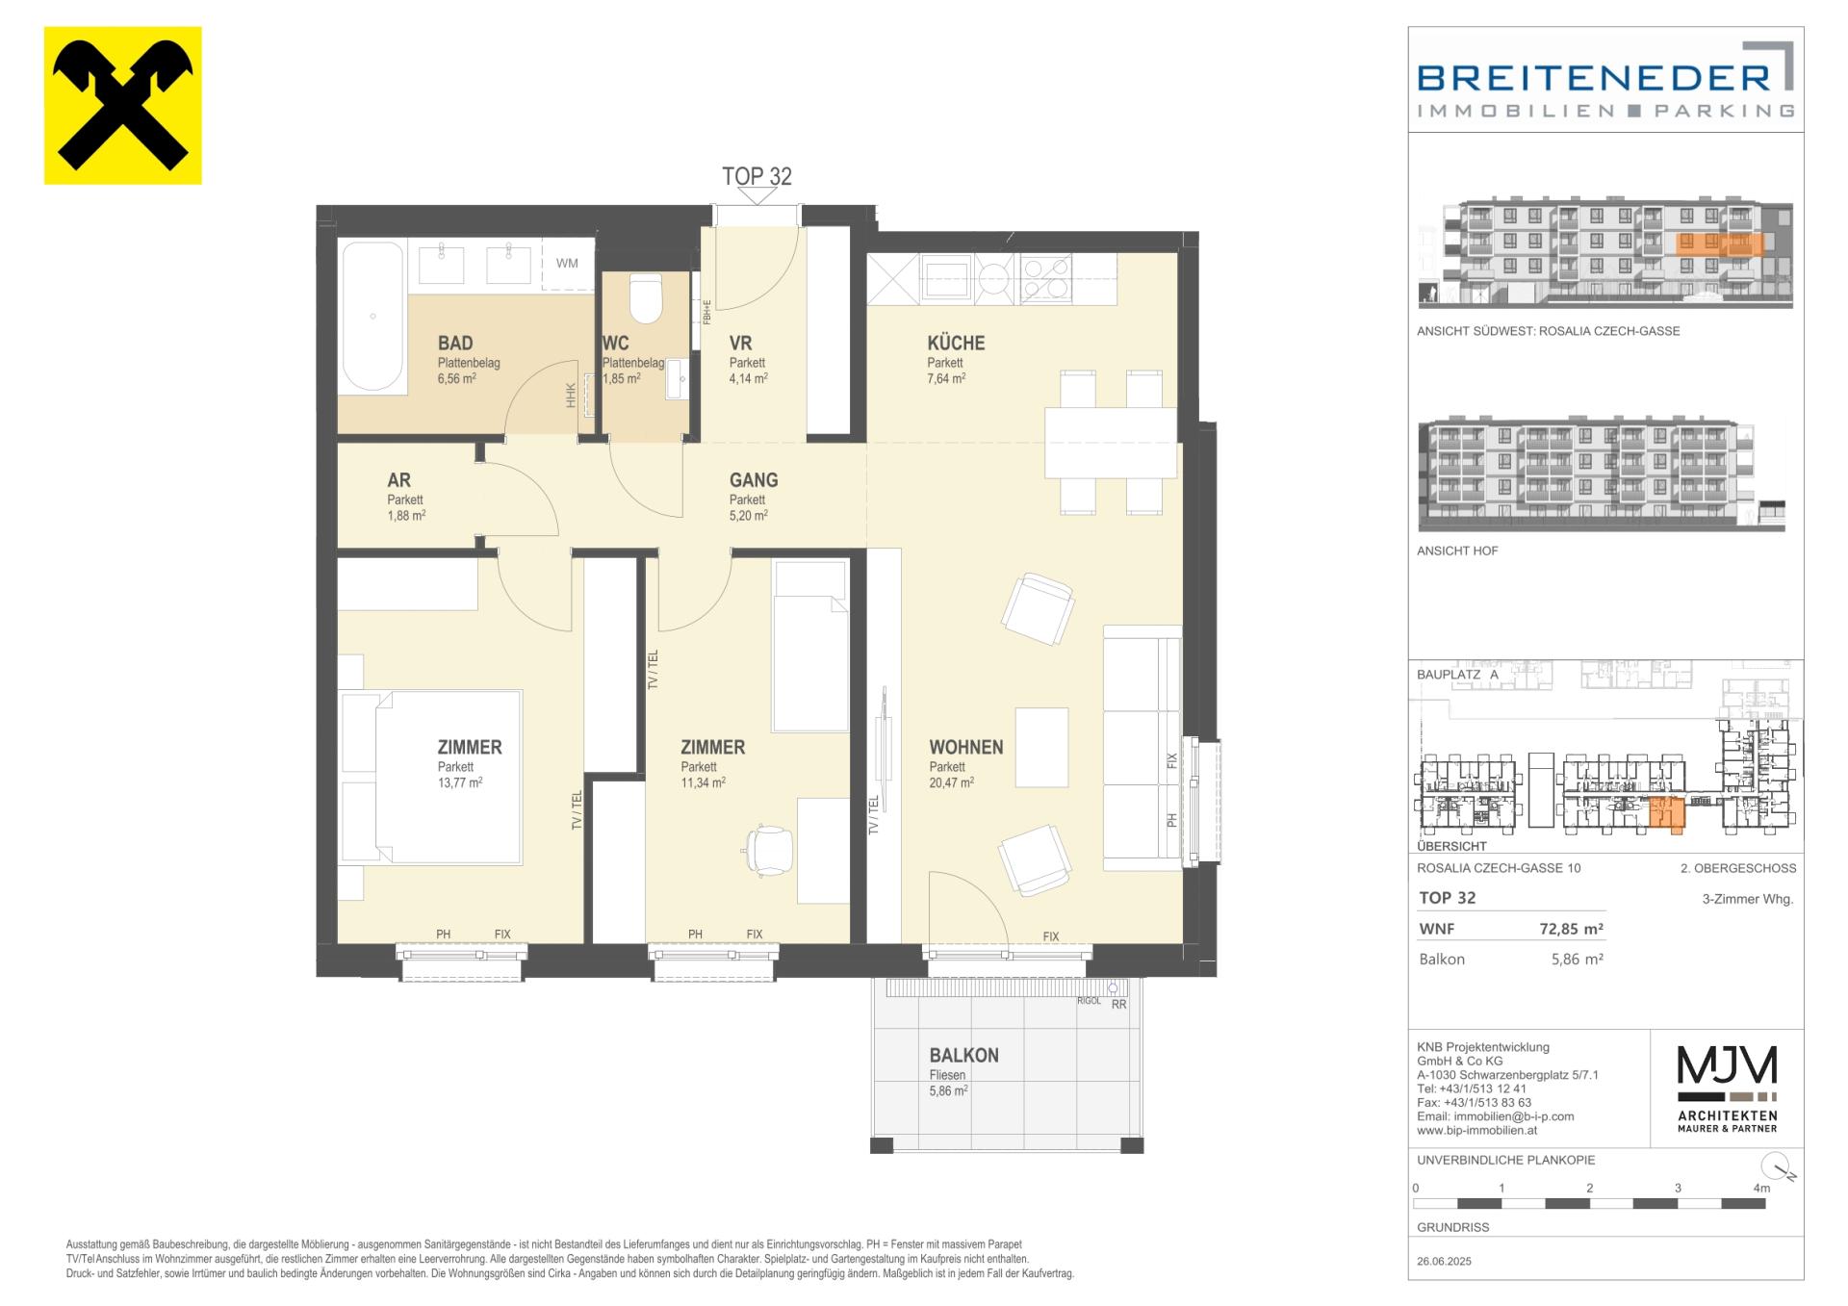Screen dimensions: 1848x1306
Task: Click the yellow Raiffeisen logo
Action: (x=123, y=105)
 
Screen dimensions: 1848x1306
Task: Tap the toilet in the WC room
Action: (x=645, y=299)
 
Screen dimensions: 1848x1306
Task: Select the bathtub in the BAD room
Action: (x=373, y=317)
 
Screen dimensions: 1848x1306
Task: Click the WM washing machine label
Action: (x=567, y=263)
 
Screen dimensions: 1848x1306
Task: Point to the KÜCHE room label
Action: (x=956, y=343)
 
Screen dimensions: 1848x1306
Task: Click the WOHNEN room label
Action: (x=966, y=747)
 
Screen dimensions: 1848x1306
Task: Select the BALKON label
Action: (x=963, y=1055)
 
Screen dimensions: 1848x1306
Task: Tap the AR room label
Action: (x=398, y=479)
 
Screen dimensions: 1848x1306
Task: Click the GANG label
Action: (x=754, y=479)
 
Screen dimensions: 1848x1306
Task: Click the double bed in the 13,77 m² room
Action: (x=430, y=776)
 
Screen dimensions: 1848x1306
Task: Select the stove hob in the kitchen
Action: (x=1045, y=279)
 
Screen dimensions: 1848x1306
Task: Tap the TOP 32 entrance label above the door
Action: (x=757, y=176)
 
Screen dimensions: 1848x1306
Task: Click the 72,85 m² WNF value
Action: (x=1571, y=929)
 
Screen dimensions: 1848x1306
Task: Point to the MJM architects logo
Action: (x=1728, y=1088)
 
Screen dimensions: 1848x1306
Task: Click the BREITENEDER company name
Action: (x=1593, y=77)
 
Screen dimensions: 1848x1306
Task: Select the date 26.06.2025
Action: (x=1444, y=1261)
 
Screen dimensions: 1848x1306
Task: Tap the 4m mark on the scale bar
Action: (x=1761, y=1188)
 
